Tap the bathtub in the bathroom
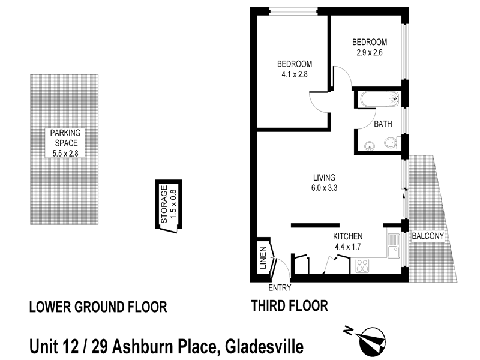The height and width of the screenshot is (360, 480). click(379, 99)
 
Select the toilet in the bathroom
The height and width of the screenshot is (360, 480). click(390, 143)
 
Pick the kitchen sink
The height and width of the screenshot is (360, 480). click(394, 247)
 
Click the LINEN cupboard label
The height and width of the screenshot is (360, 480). click(262, 257)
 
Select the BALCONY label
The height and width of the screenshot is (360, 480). click(428, 236)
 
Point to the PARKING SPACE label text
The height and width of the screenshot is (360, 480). click(65, 139)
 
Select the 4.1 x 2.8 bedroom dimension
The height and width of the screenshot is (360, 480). click(294, 75)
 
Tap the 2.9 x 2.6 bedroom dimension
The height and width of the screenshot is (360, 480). click(369, 52)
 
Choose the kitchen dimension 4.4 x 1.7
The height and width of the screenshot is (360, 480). click(348, 247)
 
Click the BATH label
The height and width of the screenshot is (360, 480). click(383, 125)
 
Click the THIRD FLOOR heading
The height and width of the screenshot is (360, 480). click(289, 307)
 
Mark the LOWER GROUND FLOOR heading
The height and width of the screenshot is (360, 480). click(98, 308)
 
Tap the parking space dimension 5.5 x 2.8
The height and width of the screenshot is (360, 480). click(65, 154)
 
